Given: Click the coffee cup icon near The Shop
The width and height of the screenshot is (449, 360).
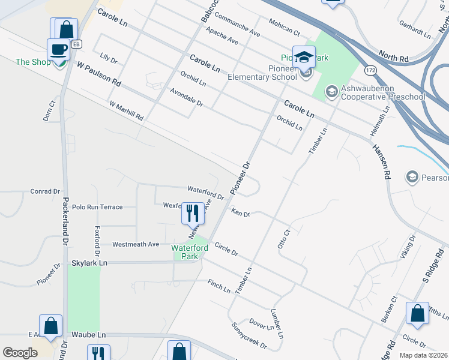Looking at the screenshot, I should (x=58, y=49).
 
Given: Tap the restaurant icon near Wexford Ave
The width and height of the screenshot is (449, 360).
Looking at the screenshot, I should (x=193, y=212).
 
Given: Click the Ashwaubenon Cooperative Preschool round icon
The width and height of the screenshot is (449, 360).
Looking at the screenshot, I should (x=330, y=92).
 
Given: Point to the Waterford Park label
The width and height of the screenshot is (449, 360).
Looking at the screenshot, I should (x=190, y=252).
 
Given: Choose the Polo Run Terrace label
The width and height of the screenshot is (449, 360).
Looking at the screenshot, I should (x=97, y=207).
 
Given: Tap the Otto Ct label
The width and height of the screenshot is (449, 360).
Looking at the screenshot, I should (x=283, y=238).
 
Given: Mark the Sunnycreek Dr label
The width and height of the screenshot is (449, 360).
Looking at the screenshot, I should (x=249, y=336).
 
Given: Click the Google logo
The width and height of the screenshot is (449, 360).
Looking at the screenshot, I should (x=20, y=353).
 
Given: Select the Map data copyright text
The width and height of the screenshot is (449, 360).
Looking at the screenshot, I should (x=423, y=355).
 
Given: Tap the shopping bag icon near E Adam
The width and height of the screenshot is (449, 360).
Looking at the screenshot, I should (x=51, y=326).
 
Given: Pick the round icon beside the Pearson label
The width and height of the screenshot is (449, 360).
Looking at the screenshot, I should (x=412, y=177).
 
